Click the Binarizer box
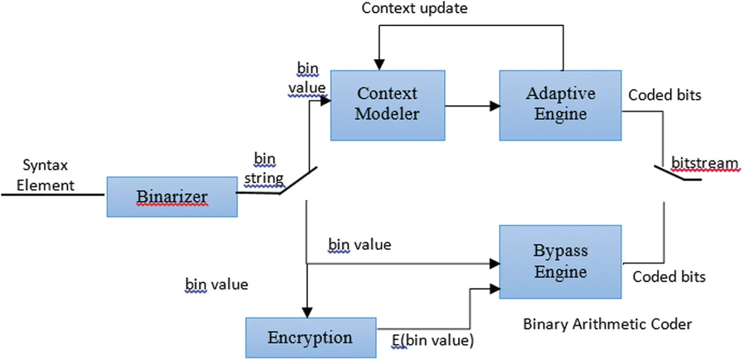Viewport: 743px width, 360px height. pyautogui.click(x=172, y=196)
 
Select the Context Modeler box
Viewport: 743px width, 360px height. pyautogui.click(x=387, y=105)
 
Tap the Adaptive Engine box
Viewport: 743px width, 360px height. pyautogui.click(x=560, y=105)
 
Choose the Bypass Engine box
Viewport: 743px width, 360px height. pyautogui.click(x=560, y=261)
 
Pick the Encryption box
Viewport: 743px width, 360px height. pyautogui.click(x=311, y=338)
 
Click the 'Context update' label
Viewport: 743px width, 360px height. pyautogui.click(x=414, y=9)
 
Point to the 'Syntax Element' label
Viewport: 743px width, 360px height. pyautogui.click(x=45, y=175)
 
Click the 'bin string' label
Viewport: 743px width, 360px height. pyautogui.click(x=264, y=169)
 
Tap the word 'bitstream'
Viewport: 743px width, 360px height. pyautogui.click(x=704, y=164)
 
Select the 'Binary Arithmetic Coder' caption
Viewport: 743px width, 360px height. pyautogui.click(x=607, y=324)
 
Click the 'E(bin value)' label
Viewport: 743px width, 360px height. pyautogui.click(x=432, y=340)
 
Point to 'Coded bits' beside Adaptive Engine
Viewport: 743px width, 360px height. pyautogui.click(x=664, y=95)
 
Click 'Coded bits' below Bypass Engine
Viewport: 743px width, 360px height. pyautogui.click(x=668, y=277)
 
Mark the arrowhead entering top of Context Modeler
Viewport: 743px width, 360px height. pyautogui.click(x=379, y=65)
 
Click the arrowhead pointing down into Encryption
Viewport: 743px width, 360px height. pyautogui.click(x=307, y=312)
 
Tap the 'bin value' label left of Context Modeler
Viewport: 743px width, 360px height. pyautogui.click(x=307, y=78)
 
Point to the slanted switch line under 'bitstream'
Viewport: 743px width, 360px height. pyautogui.click(x=668, y=173)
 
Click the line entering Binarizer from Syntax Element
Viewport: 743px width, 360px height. pyautogui.click(x=51, y=195)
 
